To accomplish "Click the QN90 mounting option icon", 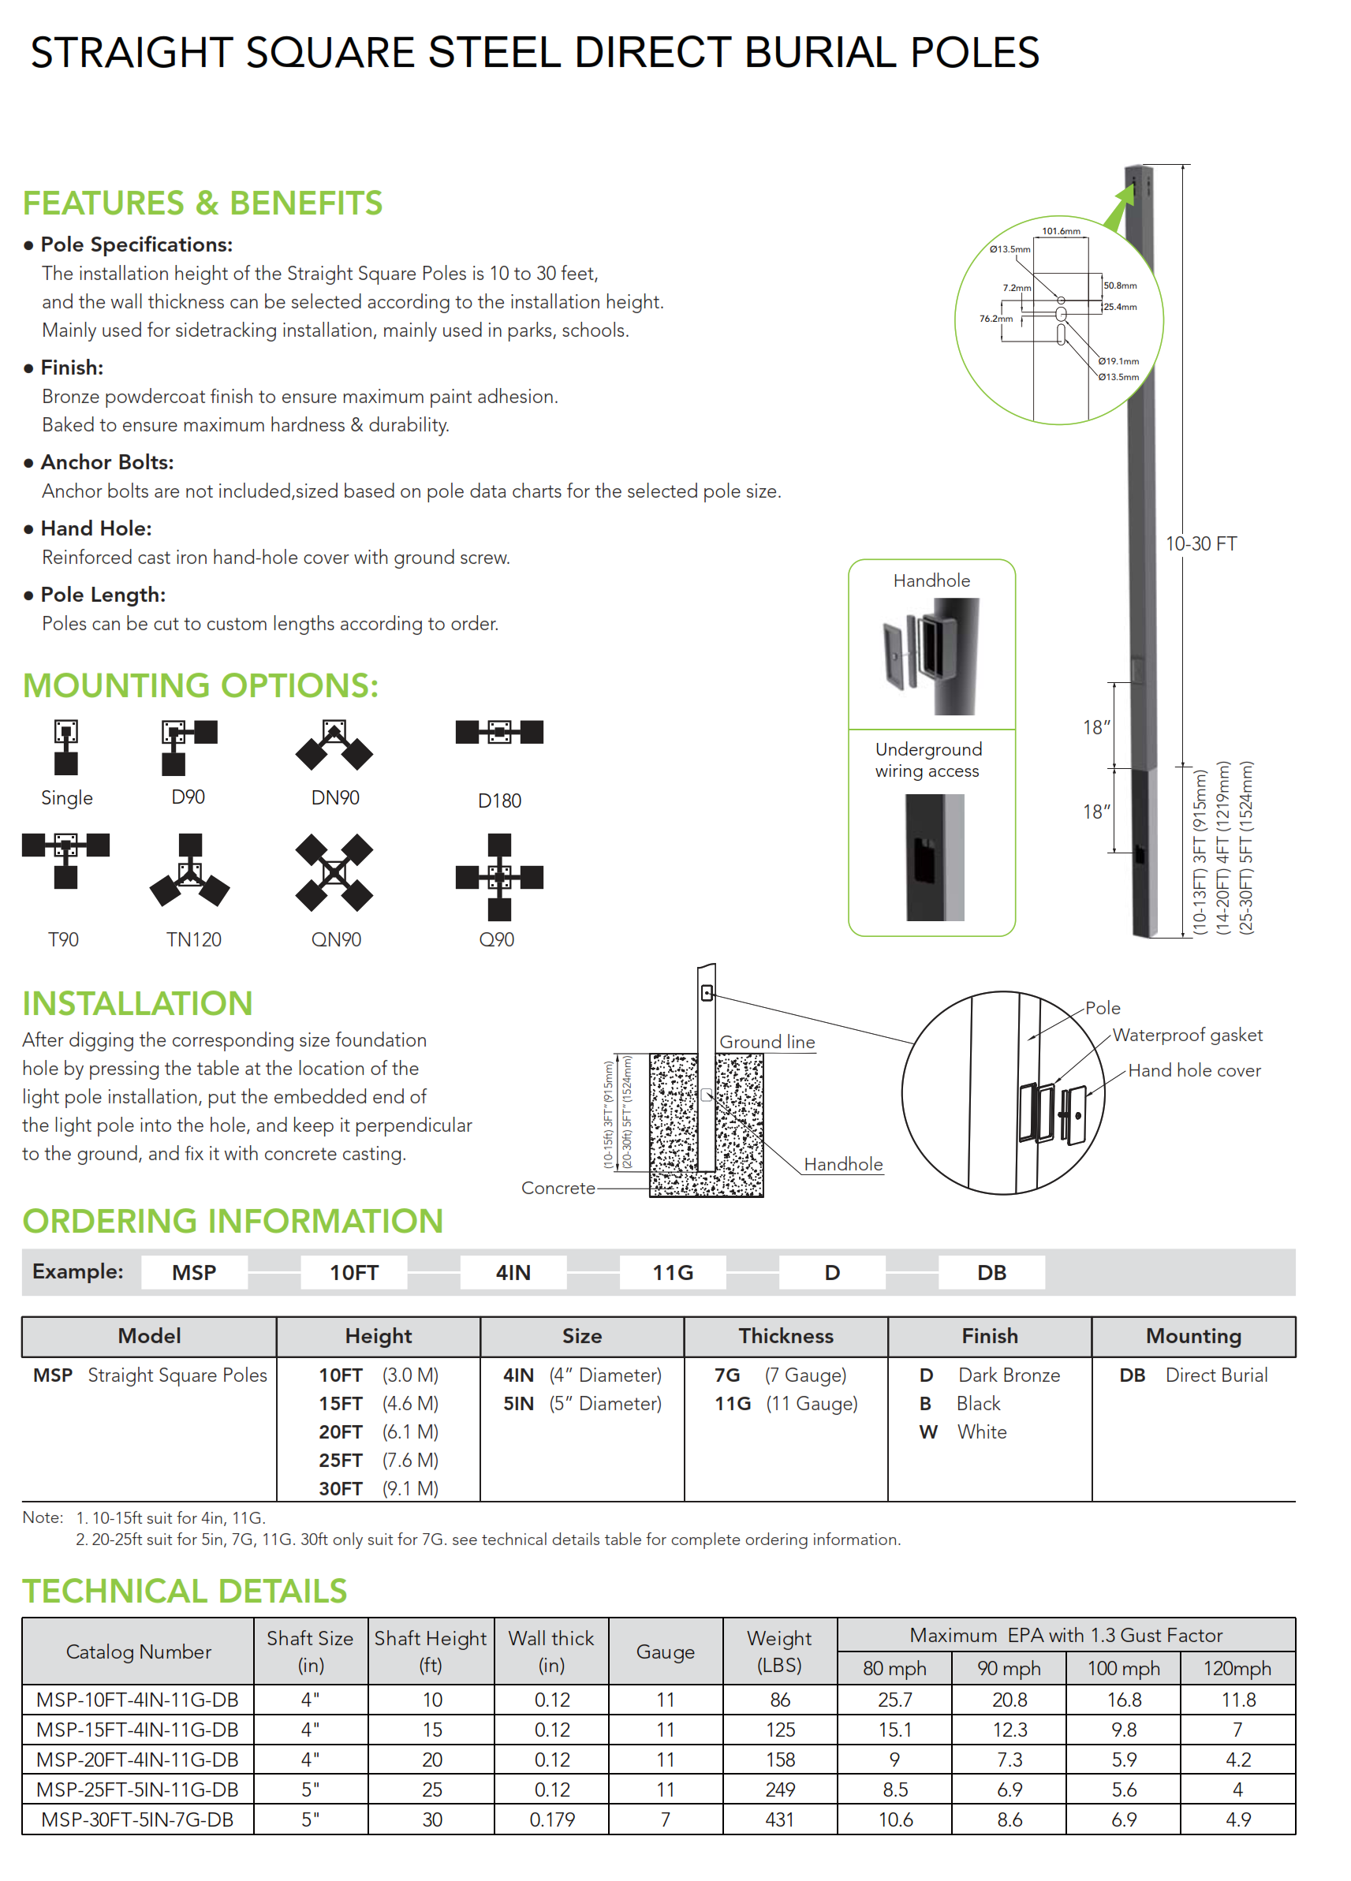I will (x=334, y=872).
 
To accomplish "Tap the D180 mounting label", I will (x=499, y=801).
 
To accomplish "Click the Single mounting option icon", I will (x=65, y=746).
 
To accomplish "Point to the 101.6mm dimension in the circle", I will (x=1061, y=230).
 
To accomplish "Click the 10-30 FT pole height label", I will (x=1200, y=544).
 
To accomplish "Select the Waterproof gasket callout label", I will (x=1187, y=1035).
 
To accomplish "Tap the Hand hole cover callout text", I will (x=1193, y=1071).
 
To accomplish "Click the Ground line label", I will (x=767, y=1042).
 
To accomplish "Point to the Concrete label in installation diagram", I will (x=558, y=1188).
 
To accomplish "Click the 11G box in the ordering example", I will (x=672, y=1272).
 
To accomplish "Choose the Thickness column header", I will (x=786, y=1336).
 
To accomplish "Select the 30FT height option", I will (x=340, y=1489).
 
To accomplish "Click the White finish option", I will (x=981, y=1432).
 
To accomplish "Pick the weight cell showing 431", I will (x=779, y=1819).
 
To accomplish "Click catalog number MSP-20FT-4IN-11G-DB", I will (x=138, y=1759).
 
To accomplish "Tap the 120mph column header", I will (x=1237, y=1668).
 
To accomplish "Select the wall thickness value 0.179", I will (x=551, y=1819).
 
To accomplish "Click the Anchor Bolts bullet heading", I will (x=107, y=462).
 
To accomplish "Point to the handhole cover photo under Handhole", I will (x=931, y=655).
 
